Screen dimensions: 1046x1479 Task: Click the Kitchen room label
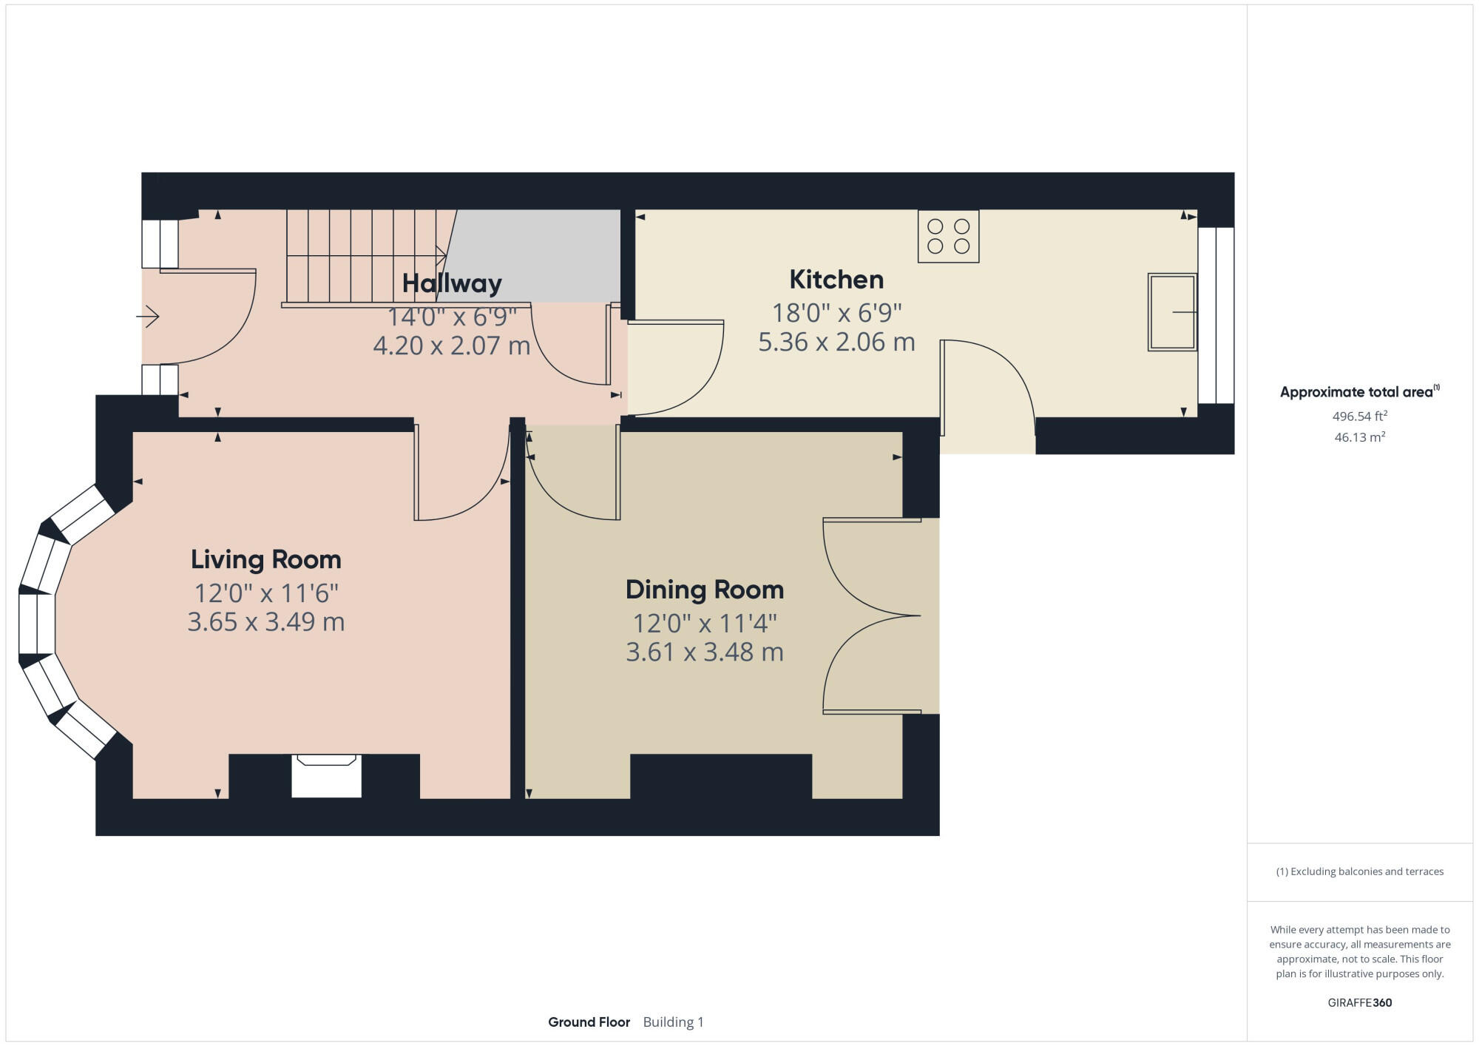click(836, 280)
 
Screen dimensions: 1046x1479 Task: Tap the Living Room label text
click(266, 559)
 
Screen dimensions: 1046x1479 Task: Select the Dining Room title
click(704, 590)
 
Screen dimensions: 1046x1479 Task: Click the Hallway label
click(452, 283)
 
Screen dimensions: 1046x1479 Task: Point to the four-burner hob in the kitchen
click(948, 236)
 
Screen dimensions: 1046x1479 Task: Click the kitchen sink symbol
click(1171, 312)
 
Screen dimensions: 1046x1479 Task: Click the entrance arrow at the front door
click(148, 317)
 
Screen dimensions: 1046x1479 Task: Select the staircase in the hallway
click(362, 255)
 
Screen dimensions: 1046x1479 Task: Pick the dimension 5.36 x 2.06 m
click(836, 342)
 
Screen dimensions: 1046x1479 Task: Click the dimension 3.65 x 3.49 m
click(266, 621)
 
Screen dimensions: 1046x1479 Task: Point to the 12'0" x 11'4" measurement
click(704, 624)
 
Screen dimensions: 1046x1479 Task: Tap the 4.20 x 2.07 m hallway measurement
click(452, 345)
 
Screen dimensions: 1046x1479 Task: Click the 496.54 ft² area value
click(1359, 416)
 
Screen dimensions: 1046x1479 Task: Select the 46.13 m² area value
click(1359, 437)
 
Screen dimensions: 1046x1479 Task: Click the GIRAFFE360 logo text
click(1359, 1003)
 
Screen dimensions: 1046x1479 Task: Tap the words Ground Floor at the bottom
click(589, 1022)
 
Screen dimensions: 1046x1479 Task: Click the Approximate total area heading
click(1357, 392)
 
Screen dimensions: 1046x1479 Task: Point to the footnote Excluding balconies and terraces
click(1359, 871)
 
